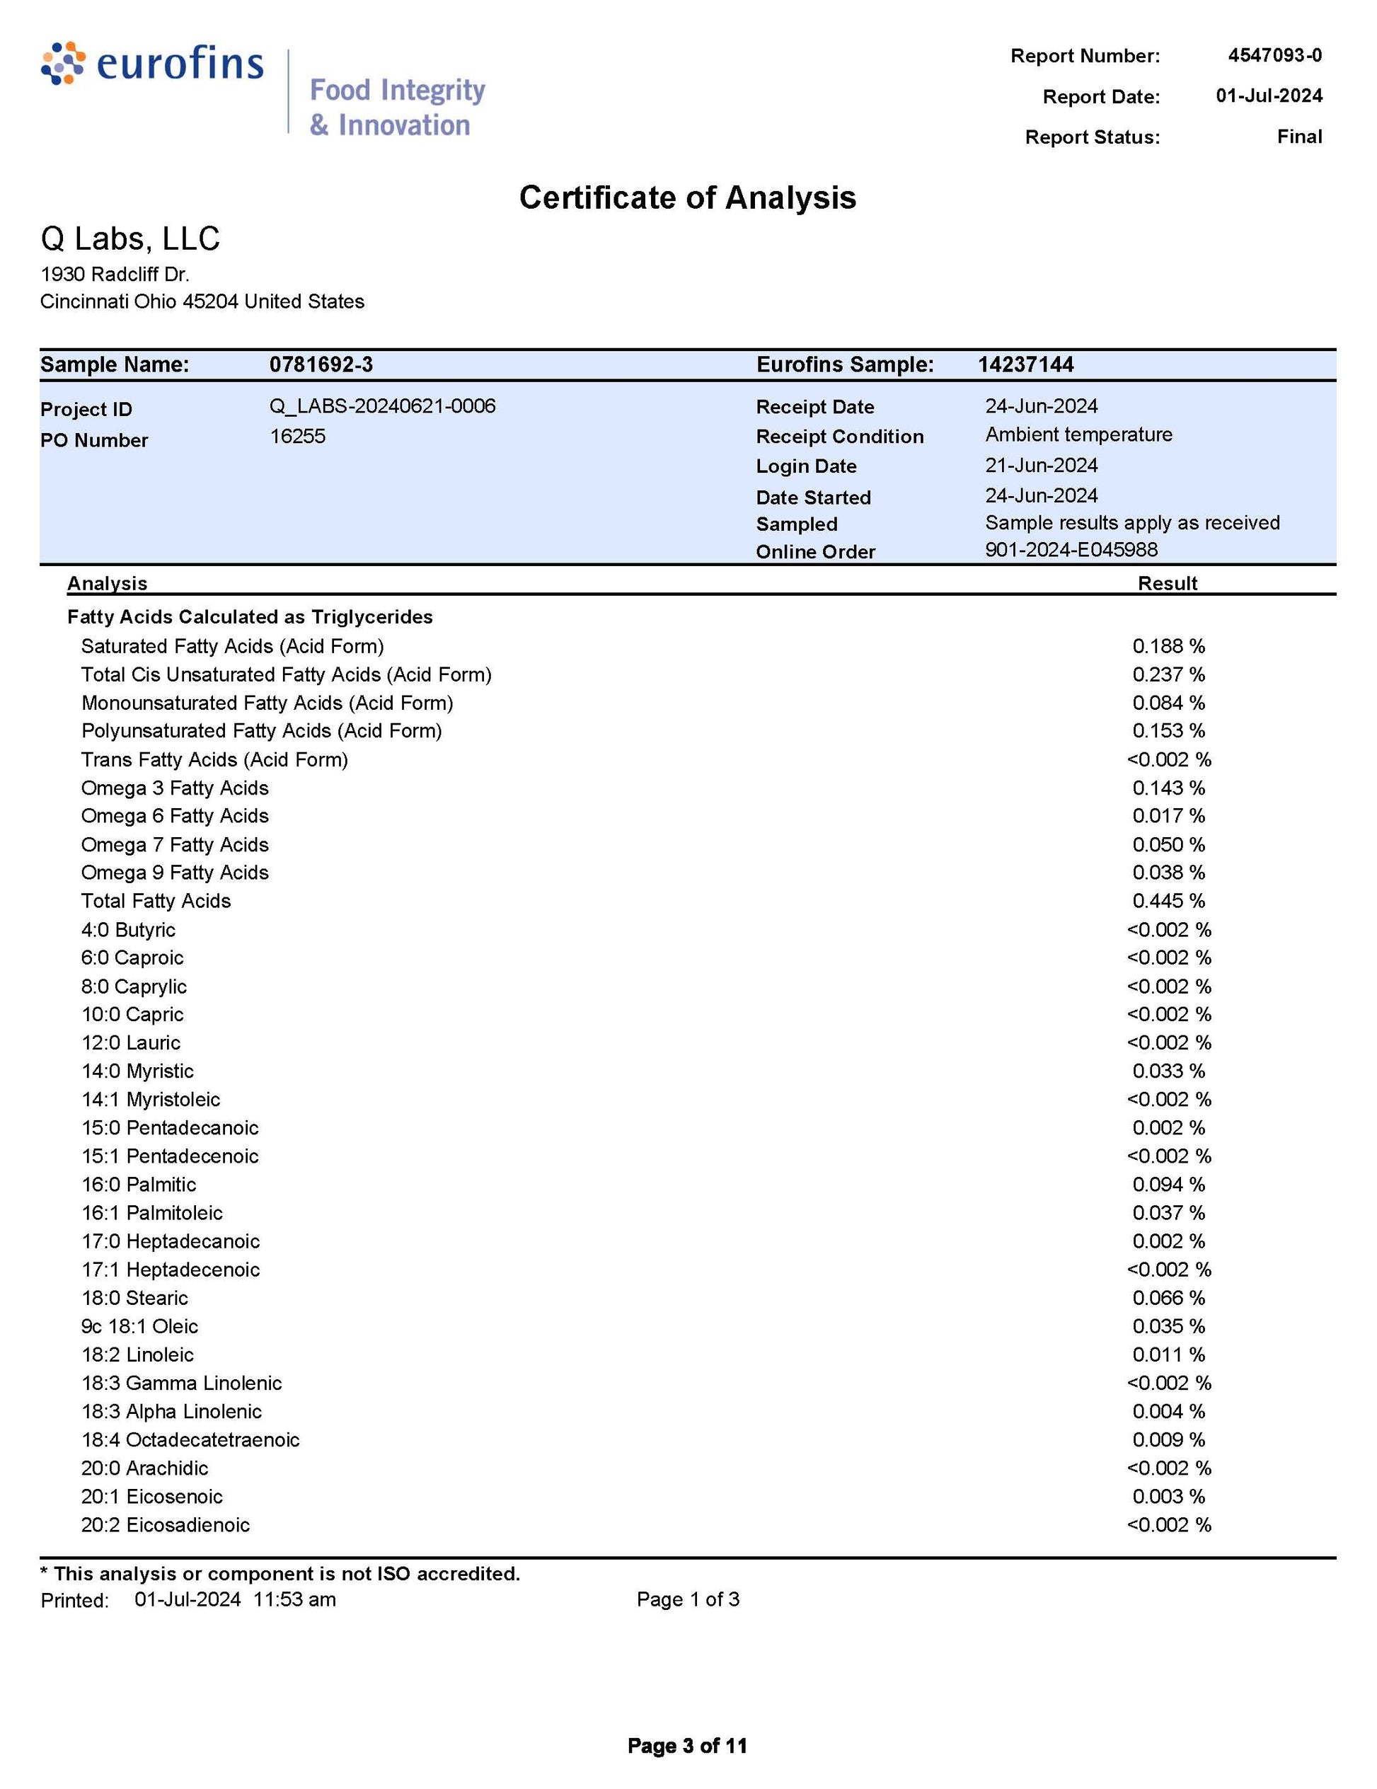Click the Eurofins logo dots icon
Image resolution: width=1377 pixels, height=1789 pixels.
pyautogui.click(x=62, y=63)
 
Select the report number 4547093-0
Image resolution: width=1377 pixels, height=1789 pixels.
pyautogui.click(x=1274, y=55)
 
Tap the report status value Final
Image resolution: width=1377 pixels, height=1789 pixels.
pyautogui.click(x=1298, y=136)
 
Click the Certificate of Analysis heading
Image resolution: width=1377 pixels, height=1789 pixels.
pyautogui.click(x=687, y=197)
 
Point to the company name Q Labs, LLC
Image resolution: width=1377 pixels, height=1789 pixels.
pyautogui.click(x=130, y=238)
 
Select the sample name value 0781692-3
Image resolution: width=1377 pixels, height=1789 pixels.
pyautogui.click(x=321, y=364)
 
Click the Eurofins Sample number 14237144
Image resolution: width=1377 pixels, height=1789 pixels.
pyautogui.click(x=1025, y=364)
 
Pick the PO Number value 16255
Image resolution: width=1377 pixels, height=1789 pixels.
pyautogui.click(x=297, y=436)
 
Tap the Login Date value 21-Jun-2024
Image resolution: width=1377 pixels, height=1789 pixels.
pyautogui.click(x=1041, y=465)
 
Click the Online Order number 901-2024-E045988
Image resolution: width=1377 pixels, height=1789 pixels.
pyautogui.click(x=1071, y=549)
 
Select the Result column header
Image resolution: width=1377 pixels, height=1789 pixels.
pyautogui.click(x=1168, y=583)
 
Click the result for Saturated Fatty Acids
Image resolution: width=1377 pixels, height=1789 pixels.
pyautogui.click(x=1168, y=646)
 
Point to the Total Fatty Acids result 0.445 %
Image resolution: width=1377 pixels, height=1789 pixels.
pyautogui.click(x=1168, y=901)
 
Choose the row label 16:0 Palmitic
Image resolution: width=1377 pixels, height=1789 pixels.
pyautogui.click(x=139, y=1185)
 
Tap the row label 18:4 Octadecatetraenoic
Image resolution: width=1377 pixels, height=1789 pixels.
pyautogui.click(x=190, y=1439)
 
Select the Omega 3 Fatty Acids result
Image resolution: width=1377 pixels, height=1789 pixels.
pyautogui.click(x=1168, y=788)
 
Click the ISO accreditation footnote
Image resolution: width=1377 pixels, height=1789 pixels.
pyautogui.click(x=280, y=1574)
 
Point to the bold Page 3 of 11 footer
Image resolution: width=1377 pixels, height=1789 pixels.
pyautogui.click(x=687, y=1746)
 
